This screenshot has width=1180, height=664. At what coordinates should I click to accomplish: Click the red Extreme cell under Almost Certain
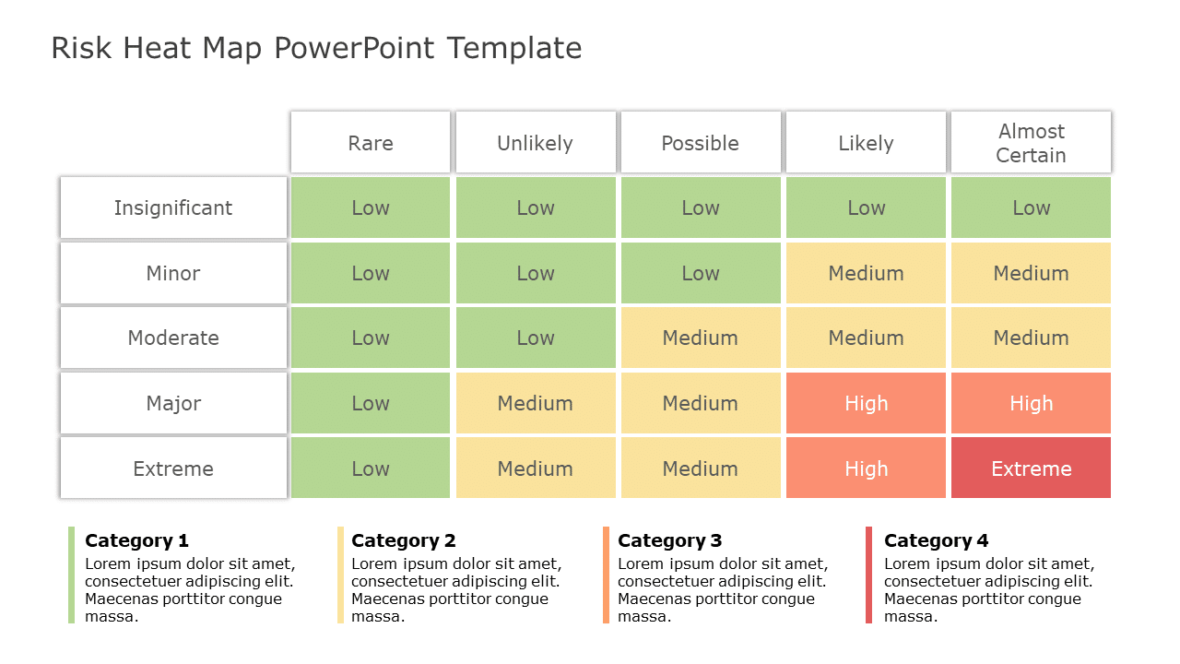[1031, 468]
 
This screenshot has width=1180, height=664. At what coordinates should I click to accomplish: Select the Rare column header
[371, 143]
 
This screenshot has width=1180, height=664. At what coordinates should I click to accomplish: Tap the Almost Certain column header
[1031, 143]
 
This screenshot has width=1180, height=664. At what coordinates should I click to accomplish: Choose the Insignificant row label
[173, 207]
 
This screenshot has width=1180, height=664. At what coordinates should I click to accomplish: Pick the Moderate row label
[173, 338]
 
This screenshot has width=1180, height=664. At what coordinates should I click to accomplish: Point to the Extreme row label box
[173, 468]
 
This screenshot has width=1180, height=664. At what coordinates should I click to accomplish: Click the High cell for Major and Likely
[866, 403]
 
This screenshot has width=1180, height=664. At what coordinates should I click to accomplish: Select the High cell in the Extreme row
[866, 468]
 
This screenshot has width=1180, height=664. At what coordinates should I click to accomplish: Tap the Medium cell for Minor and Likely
[866, 273]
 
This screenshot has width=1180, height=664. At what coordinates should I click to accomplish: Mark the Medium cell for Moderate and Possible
[701, 338]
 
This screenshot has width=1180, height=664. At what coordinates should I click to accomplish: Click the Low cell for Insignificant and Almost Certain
[1031, 207]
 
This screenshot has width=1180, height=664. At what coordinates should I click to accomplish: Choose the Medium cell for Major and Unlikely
[536, 403]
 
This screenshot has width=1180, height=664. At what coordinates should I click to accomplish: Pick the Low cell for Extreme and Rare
[371, 468]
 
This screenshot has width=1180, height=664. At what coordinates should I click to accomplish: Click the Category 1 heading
[136, 540]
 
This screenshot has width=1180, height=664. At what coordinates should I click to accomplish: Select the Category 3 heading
[669, 540]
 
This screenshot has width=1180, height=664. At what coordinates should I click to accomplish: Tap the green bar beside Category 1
[71, 575]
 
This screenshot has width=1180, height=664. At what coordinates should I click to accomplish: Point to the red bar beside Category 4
[868, 575]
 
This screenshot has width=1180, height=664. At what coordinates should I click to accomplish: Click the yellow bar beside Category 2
[340, 575]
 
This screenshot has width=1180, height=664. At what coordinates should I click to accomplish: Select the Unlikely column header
[536, 143]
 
